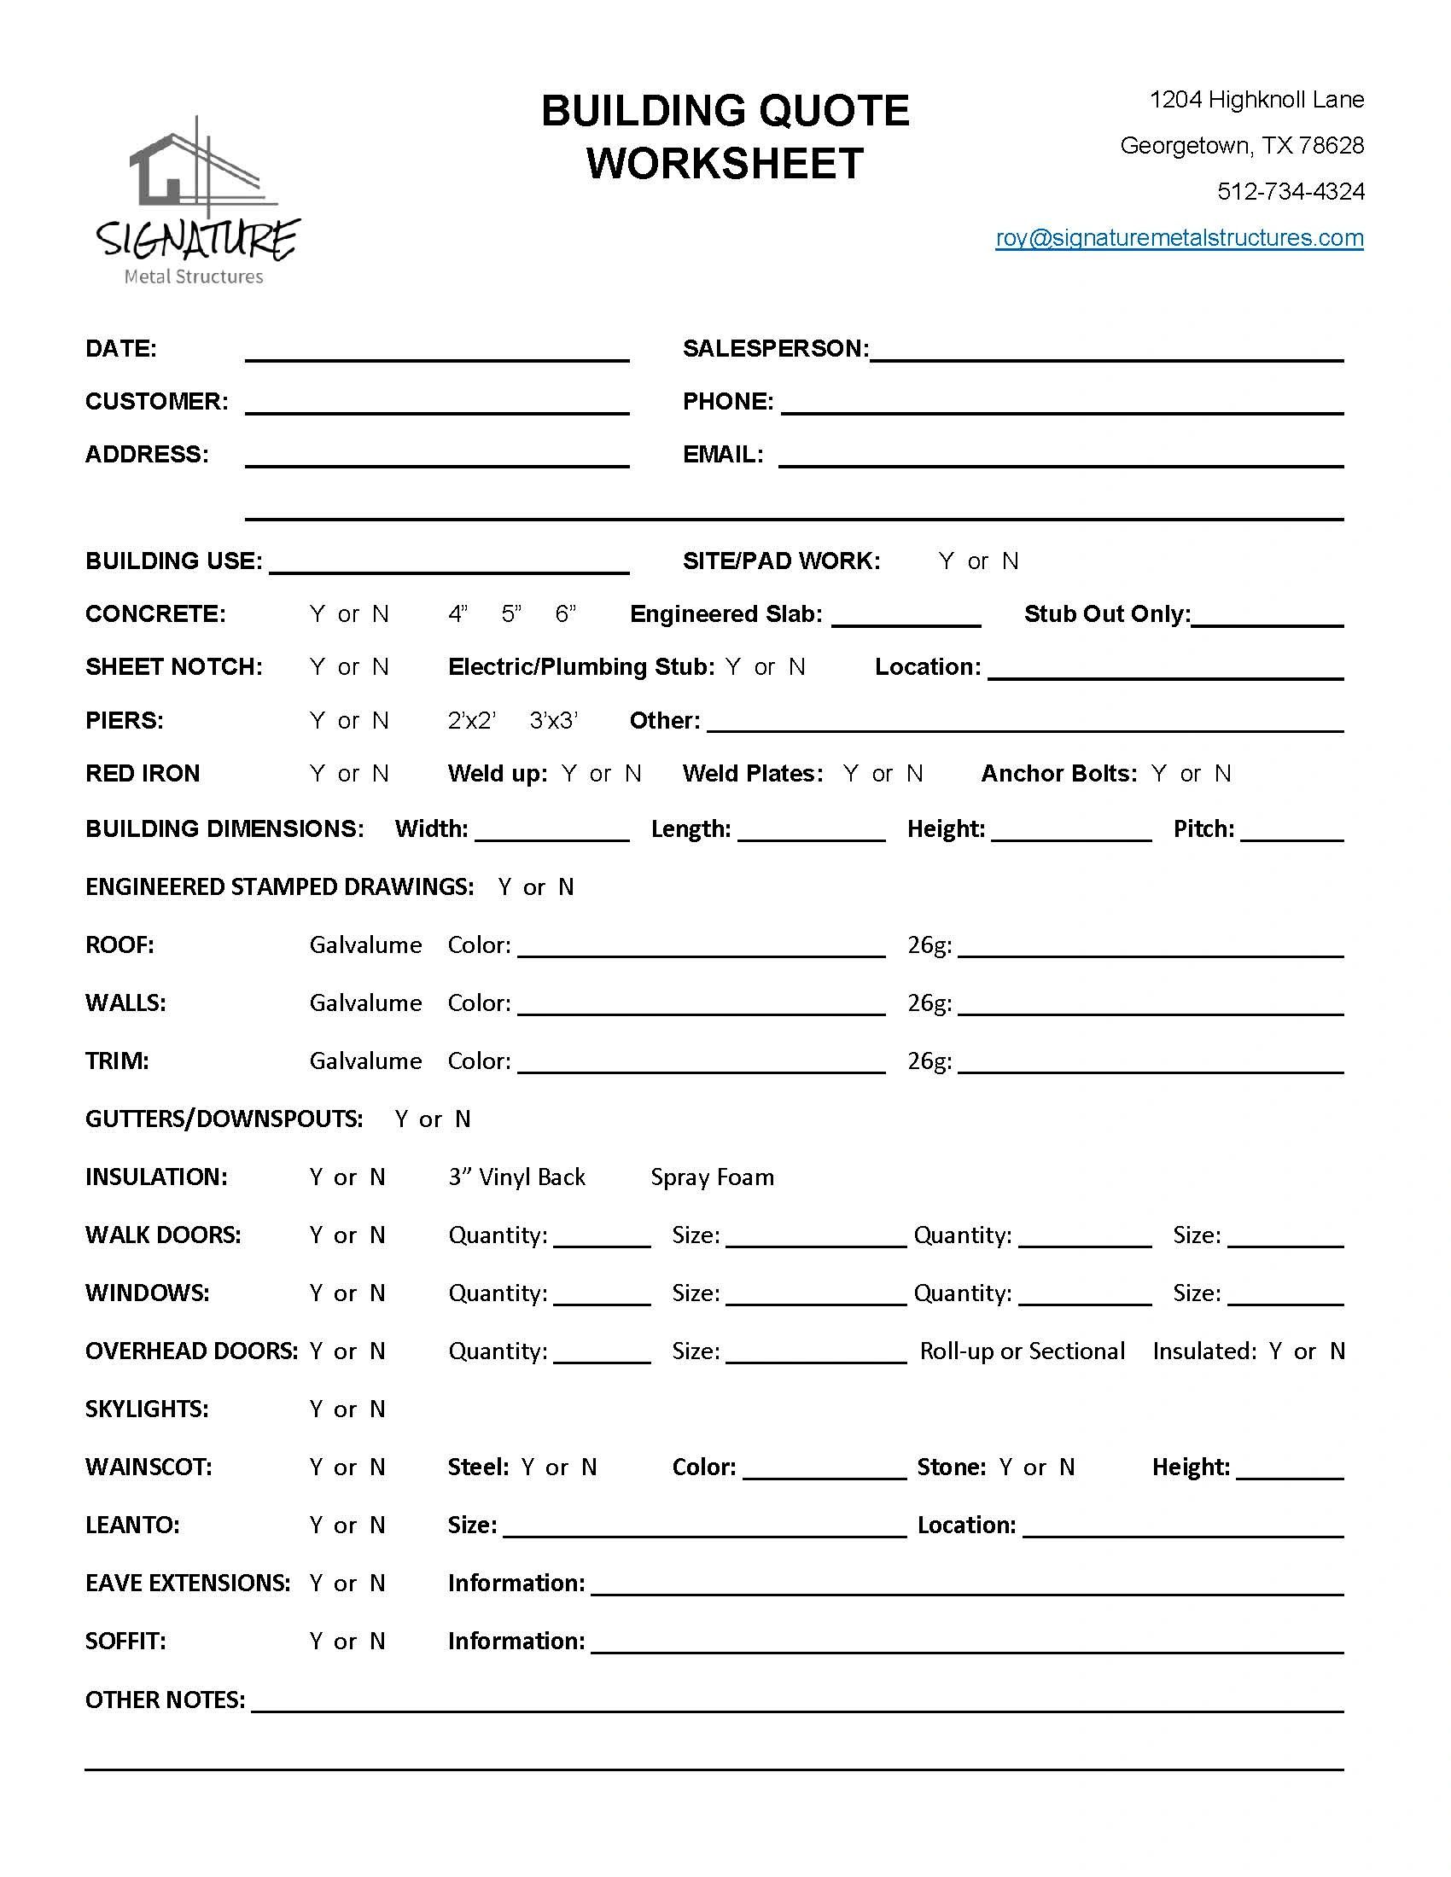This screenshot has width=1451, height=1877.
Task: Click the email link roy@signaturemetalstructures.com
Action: pyautogui.click(x=1180, y=238)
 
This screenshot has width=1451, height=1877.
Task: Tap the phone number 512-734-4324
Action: pyautogui.click(x=1291, y=192)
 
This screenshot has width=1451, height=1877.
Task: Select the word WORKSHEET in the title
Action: pyautogui.click(x=725, y=163)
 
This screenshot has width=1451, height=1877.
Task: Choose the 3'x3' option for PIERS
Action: pyautogui.click(x=554, y=721)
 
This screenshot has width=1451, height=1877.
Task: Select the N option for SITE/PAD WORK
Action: pyautogui.click(x=1010, y=561)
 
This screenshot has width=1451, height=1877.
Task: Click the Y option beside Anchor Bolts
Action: pyautogui.click(x=1159, y=775)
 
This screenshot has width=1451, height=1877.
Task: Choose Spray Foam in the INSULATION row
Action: pyautogui.click(x=712, y=1177)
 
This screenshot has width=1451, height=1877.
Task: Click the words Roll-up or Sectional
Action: pyautogui.click(x=1022, y=1352)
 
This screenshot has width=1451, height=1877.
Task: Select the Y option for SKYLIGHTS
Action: pyautogui.click(x=317, y=1409)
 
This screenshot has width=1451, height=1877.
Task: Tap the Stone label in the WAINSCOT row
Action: pyautogui.click(x=951, y=1467)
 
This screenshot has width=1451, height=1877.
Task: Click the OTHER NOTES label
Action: pyautogui.click(x=164, y=1700)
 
